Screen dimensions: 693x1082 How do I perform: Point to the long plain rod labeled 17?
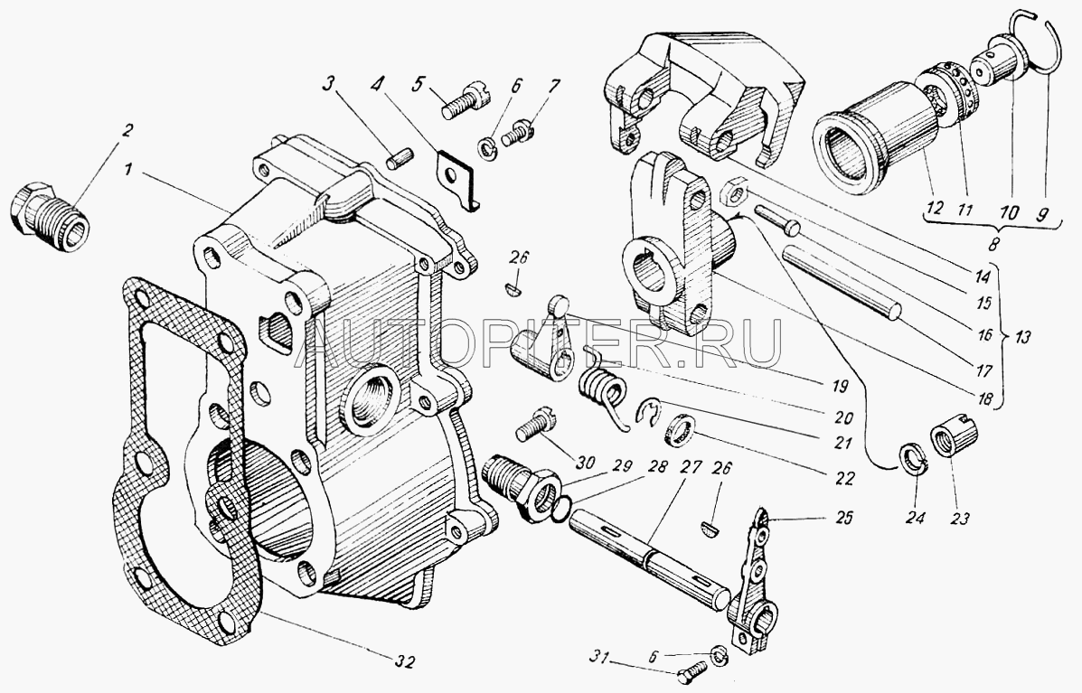(x=842, y=280)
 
